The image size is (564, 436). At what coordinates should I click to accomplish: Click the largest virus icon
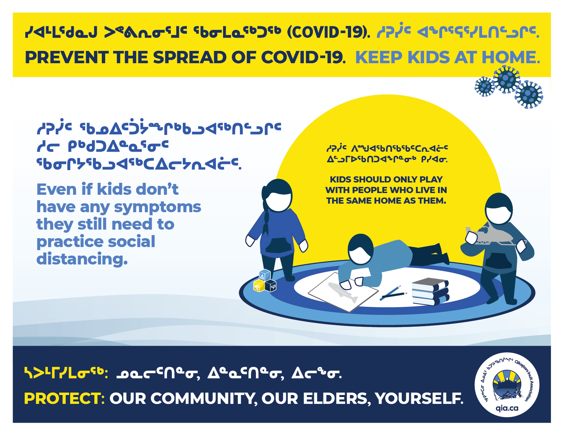[x=507, y=79]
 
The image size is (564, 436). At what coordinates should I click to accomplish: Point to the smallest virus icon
[x=485, y=87]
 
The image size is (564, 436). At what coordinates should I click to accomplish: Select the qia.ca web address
[x=507, y=408]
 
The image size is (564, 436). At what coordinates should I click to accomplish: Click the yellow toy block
[x=259, y=286]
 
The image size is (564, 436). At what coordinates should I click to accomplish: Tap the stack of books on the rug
[x=430, y=291]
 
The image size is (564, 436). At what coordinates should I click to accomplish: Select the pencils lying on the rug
[x=393, y=293]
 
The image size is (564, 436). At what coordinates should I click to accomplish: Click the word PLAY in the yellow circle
[x=430, y=179]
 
